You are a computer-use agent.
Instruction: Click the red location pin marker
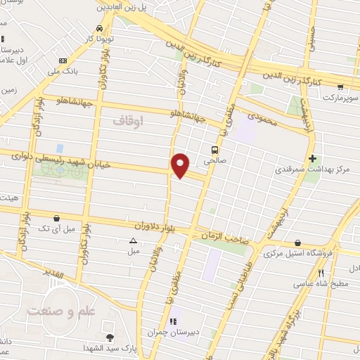tap(181, 165)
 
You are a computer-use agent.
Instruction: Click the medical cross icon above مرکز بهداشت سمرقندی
tap(313, 159)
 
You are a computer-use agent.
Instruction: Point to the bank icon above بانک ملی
tap(63, 60)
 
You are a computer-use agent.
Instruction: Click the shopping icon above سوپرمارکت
tap(340, 88)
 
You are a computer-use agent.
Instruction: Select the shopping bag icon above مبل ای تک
tap(56, 218)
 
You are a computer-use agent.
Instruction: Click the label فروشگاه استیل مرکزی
tap(297, 253)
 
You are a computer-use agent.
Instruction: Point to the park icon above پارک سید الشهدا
tap(110, 338)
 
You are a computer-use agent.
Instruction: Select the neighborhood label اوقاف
tap(127, 121)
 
